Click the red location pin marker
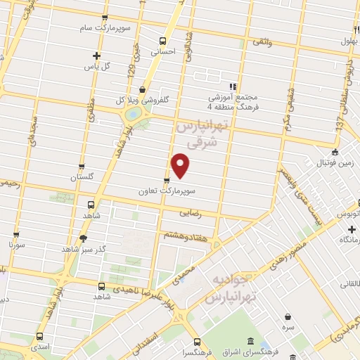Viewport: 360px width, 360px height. tap(181, 165)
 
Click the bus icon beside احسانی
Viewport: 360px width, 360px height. tap(163, 41)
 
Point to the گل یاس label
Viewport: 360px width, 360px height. tap(97, 66)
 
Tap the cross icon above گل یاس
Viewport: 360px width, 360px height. tap(96, 56)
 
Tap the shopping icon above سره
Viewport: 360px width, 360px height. tap(288, 316)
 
